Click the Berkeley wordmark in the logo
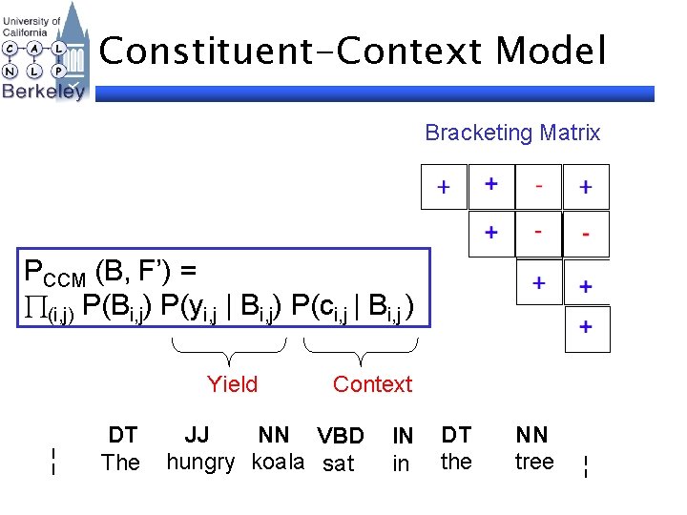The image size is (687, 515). click(43, 92)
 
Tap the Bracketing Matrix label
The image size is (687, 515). click(512, 133)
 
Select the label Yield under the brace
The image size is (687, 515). click(232, 384)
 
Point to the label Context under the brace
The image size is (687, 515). click(372, 384)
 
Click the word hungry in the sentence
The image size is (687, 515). click(200, 463)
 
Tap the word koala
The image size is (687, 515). click(278, 463)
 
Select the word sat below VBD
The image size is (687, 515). click(339, 464)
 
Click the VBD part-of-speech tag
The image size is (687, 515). click(341, 437)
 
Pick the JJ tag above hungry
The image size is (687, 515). click(197, 436)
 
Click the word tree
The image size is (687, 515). click(534, 463)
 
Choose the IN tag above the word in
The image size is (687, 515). click(403, 437)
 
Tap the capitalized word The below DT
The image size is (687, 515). click(120, 463)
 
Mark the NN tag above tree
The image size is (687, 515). click(532, 436)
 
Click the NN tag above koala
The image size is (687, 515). click(274, 436)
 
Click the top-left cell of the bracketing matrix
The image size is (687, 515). click(444, 187)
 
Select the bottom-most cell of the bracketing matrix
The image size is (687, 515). click(585, 328)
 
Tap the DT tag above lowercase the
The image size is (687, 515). click(456, 436)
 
